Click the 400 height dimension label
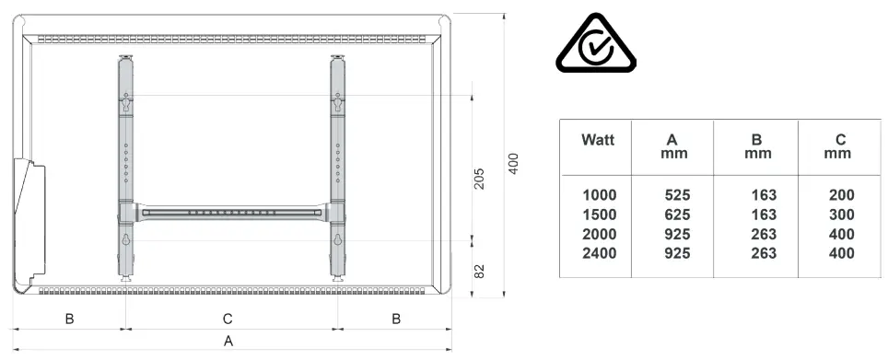pyautogui.click(x=513, y=164)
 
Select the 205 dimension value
pyautogui.click(x=479, y=179)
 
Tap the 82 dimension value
pyautogui.click(x=479, y=271)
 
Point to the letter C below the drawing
pyautogui.click(x=228, y=319)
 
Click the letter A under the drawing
pyautogui.click(x=228, y=341)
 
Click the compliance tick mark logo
pyautogui.click(x=596, y=43)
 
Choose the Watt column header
pyautogui.click(x=598, y=140)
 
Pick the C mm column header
pyautogui.click(x=839, y=146)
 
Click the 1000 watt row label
pyautogui.click(x=600, y=195)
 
